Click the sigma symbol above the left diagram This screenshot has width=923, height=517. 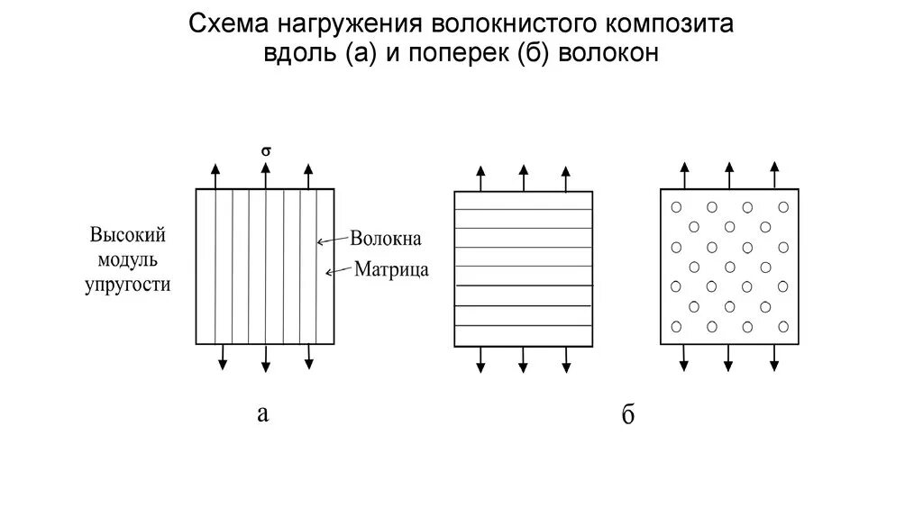266,151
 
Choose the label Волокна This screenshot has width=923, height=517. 386,240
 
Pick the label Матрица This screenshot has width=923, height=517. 391,268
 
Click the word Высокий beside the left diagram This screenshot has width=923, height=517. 128,236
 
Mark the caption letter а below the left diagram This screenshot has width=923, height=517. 262,413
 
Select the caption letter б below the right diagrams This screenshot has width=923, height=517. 628,415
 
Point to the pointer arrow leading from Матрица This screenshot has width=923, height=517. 339,268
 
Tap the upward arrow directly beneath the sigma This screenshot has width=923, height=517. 266,176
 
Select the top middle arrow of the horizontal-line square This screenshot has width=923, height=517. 523,177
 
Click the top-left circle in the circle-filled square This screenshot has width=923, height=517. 676,207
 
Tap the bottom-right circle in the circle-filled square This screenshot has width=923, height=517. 782,325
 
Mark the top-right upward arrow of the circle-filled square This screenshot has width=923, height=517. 773,175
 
